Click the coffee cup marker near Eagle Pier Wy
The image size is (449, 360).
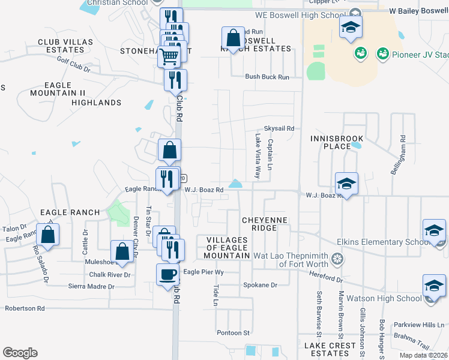tap(168, 274)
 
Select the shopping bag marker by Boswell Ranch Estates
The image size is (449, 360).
tap(232, 38)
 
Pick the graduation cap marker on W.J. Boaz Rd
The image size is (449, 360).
tap(346, 183)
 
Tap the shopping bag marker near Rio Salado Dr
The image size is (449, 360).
tap(48, 235)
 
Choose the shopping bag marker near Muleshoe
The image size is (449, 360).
tap(122, 251)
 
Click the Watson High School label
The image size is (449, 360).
tap(393, 298)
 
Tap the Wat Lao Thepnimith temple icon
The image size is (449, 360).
tap(338, 259)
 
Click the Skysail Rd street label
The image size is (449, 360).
tap(279, 129)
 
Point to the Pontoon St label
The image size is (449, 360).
tap(233, 333)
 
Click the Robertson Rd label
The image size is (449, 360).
tap(25, 308)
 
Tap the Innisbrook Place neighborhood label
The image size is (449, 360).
tap(330, 142)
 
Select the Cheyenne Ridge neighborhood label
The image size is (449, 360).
tap(265, 224)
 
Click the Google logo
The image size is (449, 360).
tap(20, 353)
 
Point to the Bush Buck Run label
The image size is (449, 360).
tap(267, 77)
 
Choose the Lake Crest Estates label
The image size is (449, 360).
tap(330, 349)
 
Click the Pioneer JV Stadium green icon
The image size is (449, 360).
tap(382, 54)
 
